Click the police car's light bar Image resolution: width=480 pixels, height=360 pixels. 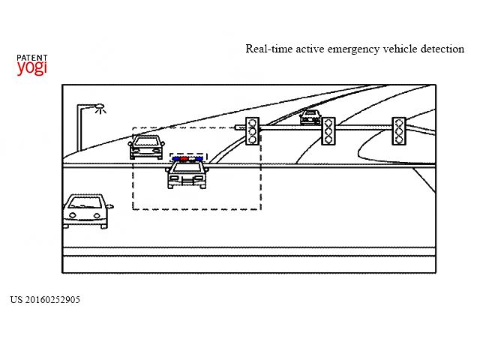(x=187, y=159)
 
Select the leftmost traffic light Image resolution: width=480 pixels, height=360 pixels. (x=252, y=131)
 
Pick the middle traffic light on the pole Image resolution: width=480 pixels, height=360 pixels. (x=328, y=130)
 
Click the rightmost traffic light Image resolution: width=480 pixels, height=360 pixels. (x=398, y=130)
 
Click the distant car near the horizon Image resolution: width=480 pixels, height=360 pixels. (x=310, y=118)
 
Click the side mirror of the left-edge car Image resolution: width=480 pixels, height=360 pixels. (x=110, y=206)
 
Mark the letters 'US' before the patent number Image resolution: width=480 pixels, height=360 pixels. (x=16, y=300)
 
